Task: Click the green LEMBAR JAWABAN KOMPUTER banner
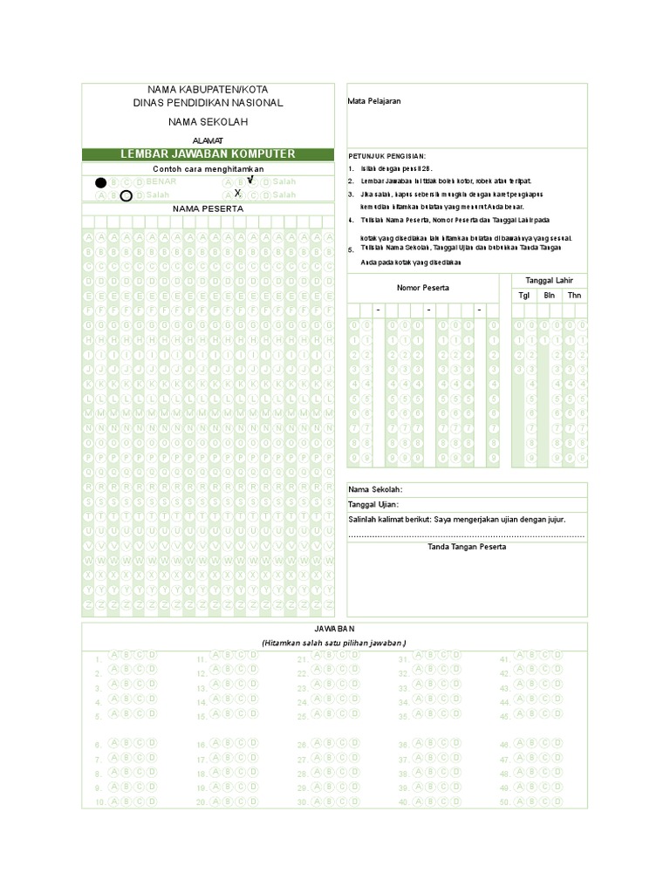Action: tap(208, 154)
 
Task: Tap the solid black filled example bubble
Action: tap(101, 182)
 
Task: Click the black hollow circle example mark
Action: tap(126, 195)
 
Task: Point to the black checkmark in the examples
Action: tap(250, 180)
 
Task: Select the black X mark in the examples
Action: tap(237, 193)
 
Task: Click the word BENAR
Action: tap(161, 181)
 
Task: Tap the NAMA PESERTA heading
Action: tap(208, 209)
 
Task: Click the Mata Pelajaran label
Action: tap(374, 101)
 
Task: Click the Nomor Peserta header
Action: tap(423, 287)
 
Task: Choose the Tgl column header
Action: tap(524, 296)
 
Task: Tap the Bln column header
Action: tap(550, 296)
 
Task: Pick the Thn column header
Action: tap(574, 296)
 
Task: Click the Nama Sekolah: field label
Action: tap(376, 489)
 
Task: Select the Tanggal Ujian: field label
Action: tap(374, 504)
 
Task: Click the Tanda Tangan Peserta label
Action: tap(467, 547)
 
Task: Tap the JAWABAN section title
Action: tap(335, 629)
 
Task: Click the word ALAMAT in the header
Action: tap(208, 140)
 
